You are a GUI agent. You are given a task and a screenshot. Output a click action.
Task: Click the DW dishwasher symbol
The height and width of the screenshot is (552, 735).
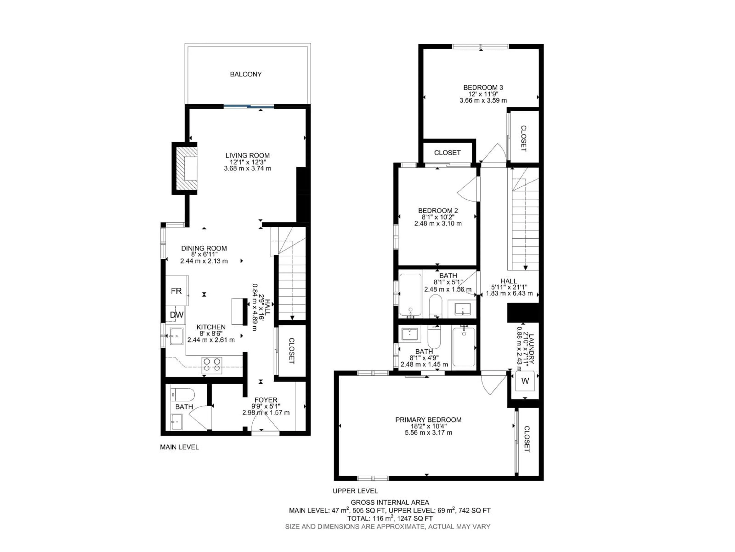click(x=176, y=315)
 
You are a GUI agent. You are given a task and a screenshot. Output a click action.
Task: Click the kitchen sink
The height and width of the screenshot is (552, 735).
click(x=176, y=336)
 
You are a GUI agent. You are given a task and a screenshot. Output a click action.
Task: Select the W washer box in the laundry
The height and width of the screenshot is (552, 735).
click(x=525, y=381)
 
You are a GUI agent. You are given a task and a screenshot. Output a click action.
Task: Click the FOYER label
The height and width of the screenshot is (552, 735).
click(x=265, y=400)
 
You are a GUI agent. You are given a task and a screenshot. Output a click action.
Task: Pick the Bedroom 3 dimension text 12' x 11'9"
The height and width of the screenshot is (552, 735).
click(x=483, y=94)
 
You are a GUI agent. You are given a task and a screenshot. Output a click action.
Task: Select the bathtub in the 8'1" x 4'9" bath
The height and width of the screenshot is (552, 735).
click(x=464, y=347)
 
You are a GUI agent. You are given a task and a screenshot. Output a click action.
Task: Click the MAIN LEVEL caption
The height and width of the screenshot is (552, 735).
click(x=179, y=447)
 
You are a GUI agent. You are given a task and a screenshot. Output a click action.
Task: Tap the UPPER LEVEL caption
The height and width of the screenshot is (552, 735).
click(x=355, y=491)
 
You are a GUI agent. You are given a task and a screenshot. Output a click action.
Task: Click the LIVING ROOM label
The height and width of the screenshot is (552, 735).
click(x=247, y=155)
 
